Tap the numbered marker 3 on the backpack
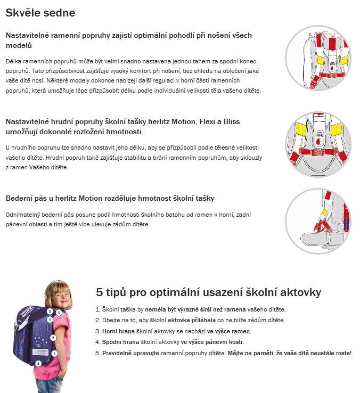coord(49,312)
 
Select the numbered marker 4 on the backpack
coord(38,363)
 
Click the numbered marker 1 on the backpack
coord(50,319)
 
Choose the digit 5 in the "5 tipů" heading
coord(100,292)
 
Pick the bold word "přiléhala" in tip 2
coord(200,320)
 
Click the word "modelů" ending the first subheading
coord(20,46)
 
